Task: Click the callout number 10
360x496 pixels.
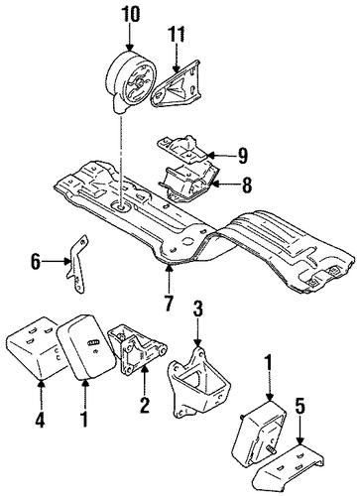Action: pos(130,15)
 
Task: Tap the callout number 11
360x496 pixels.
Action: pos(177,34)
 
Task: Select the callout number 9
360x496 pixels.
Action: pos(242,156)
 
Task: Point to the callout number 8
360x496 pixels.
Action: pos(247,186)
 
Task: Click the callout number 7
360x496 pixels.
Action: pos(169,303)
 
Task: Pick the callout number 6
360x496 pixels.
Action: pos(36,263)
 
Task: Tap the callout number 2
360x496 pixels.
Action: pos(144,405)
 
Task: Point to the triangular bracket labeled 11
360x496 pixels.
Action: pos(177,84)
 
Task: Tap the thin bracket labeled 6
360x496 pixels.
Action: pos(78,265)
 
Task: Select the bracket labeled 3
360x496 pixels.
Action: pos(199,380)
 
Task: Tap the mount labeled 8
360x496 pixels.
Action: pos(189,184)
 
